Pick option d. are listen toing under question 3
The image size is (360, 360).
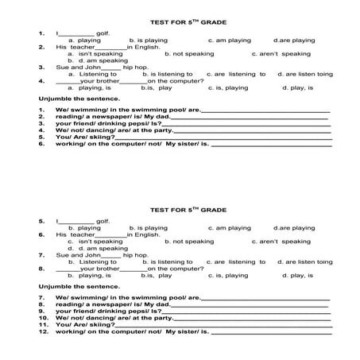(x=315, y=74)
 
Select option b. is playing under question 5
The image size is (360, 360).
(x=148, y=227)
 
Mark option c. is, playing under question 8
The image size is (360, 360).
(x=226, y=275)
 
